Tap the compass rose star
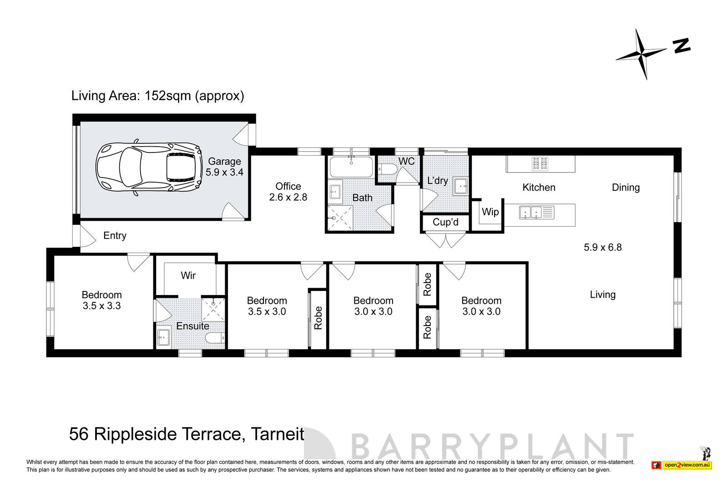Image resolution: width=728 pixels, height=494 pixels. (x=642, y=55)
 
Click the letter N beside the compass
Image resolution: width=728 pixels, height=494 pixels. (x=681, y=45)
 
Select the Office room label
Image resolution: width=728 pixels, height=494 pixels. (x=288, y=186)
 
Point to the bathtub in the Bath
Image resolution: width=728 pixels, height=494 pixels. (x=351, y=167)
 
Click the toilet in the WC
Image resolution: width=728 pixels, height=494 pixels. (x=389, y=170)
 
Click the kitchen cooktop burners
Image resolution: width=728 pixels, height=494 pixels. (x=540, y=163)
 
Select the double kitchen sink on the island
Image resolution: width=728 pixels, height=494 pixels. (x=531, y=212)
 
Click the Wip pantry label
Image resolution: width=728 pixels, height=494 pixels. (x=490, y=212)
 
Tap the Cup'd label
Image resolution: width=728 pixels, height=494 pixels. (x=445, y=222)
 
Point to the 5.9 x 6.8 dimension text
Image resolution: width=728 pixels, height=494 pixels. (x=602, y=247)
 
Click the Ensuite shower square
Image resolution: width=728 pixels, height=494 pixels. (x=213, y=310)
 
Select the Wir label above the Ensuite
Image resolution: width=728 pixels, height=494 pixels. (x=188, y=275)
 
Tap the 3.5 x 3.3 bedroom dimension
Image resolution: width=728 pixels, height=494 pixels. (x=101, y=306)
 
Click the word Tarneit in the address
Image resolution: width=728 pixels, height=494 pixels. (x=278, y=434)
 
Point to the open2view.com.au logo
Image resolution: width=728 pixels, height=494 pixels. (x=687, y=465)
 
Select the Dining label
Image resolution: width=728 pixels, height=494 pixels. (x=625, y=188)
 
